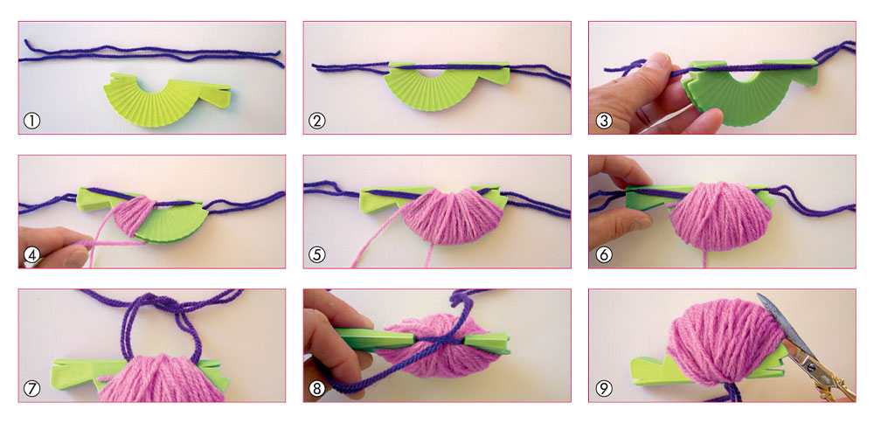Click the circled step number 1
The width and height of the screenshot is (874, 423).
pyautogui.click(x=31, y=121)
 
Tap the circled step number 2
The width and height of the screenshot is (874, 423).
pyautogui.click(x=316, y=121)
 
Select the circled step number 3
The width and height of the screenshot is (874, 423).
pyautogui.click(x=603, y=121)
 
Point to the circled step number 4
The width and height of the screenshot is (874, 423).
pyautogui.click(x=31, y=254)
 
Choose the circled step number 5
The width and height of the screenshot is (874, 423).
pyautogui.click(x=316, y=254)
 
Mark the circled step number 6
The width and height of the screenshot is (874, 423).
pyautogui.click(x=603, y=254)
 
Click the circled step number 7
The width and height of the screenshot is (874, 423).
pyautogui.click(x=31, y=388)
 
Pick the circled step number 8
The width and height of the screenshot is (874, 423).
pyautogui.click(x=316, y=388)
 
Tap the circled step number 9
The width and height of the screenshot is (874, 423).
pyautogui.click(x=603, y=388)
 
